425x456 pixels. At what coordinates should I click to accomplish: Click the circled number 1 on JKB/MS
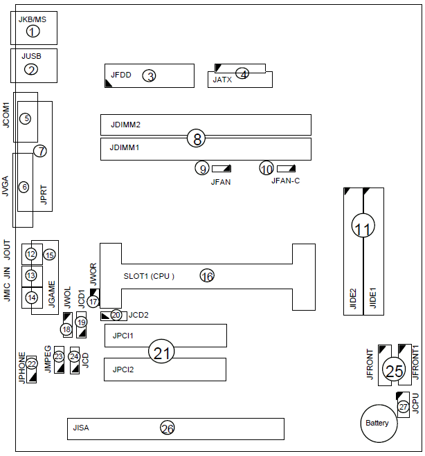pos(33,31)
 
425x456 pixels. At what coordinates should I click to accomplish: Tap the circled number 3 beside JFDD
pos(31,69)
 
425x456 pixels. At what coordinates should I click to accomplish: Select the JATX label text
pos(223,80)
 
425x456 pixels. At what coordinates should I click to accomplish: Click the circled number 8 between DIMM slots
pos(197,139)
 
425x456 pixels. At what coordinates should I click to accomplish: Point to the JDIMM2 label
pos(125,125)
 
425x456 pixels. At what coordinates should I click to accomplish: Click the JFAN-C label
pos(285,181)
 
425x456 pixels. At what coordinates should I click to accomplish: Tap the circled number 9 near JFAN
pos(202,168)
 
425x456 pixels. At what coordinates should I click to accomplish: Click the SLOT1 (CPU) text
pos(148,276)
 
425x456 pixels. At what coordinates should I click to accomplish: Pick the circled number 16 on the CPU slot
pos(207,276)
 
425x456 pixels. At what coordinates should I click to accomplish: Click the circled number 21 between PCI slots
pos(162,353)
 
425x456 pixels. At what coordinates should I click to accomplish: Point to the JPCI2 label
pos(123,370)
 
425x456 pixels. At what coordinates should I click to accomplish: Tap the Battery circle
pos(377,423)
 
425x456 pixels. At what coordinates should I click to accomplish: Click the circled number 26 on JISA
pos(167,428)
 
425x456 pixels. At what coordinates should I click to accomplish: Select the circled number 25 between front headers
pos(394,372)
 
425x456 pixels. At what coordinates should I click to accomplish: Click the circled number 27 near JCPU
pos(403,407)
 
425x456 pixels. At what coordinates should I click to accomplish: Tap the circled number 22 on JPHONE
pos(32,364)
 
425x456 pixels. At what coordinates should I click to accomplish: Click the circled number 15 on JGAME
pos(49,255)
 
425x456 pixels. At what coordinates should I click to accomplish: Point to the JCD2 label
pos(138,315)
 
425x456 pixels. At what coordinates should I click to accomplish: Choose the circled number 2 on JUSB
pos(31,69)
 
